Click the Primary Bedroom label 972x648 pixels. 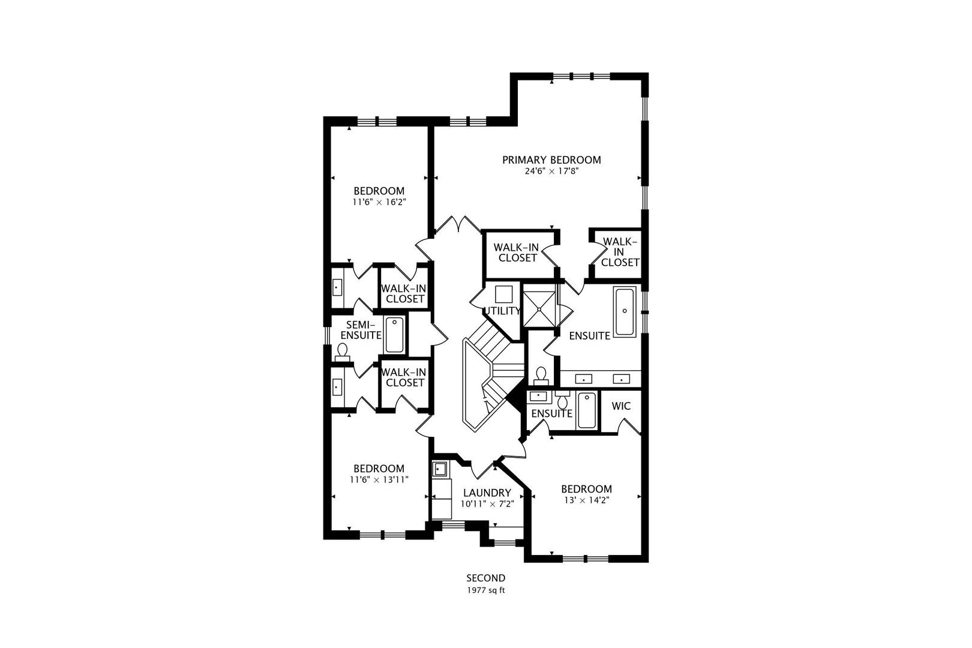[x=551, y=160]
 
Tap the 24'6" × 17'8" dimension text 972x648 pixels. [x=552, y=172]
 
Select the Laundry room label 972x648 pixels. [x=487, y=493]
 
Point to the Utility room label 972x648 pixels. [x=502, y=311]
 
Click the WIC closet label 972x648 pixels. [x=621, y=406]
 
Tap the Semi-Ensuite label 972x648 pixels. [x=361, y=330]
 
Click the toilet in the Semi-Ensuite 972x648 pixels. [x=343, y=352]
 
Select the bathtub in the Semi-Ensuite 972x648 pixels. [x=394, y=335]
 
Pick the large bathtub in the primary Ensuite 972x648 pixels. [x=625, y=311]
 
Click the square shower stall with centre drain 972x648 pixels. [x=539, y=309]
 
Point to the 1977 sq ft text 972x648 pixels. [x=486, y=591]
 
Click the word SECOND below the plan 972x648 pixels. [x=486, y=578]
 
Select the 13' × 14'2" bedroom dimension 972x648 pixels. [x=587, y=500]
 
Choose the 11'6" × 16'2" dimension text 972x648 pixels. [x=379, y=202]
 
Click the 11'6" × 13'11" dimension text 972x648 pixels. [x=379, y=480]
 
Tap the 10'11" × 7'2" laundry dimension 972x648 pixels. [x=487, y=505]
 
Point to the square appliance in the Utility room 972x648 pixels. [x=504, y=294]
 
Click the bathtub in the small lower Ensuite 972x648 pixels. [x=587, y=410]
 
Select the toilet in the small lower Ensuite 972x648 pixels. [x=563, y=400]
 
